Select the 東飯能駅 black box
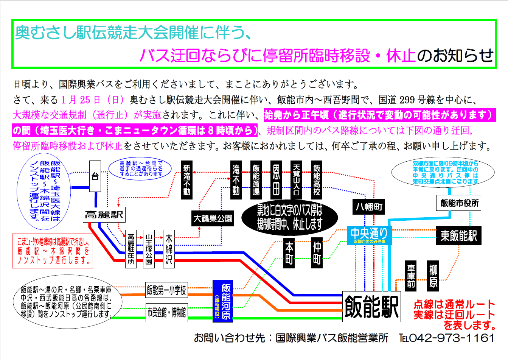pos(458,236)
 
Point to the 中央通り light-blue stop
pos(369,235)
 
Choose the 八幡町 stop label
pos(369,207)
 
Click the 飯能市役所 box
pos(459,203)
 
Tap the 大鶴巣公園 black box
pos(213,218)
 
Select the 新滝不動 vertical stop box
pos(187,180)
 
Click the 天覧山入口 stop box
pos(297,180)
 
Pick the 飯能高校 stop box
pos(317,180)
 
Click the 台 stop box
pos(95,176)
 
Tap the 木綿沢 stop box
pos(169,249)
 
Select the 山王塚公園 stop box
pos(149,249)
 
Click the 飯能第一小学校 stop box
pos(166,290)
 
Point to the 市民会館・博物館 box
pos(166,313)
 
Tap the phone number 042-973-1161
pos(452,338)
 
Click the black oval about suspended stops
pos(289,218)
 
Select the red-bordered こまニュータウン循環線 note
pos(53,251)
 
